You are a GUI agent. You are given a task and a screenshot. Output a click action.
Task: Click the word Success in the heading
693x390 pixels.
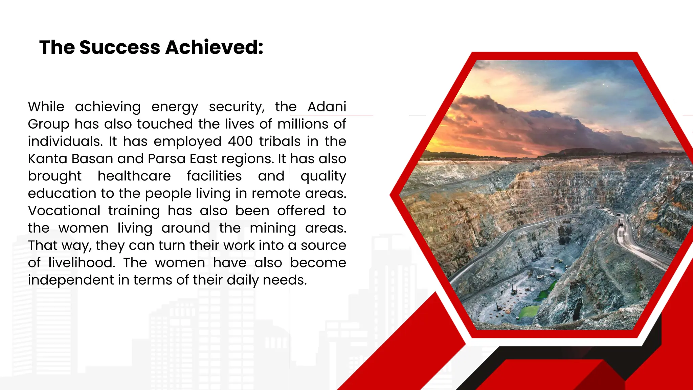[x=119, y=47]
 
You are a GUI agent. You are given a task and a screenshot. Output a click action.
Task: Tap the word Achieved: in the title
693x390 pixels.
[x=214, y=47]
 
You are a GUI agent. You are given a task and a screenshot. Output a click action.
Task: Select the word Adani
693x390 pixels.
[x=327, y=107]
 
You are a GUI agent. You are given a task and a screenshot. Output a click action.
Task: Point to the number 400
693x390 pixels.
[x=240, y=141]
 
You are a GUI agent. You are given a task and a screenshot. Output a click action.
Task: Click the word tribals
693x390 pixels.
[x=280, y=141]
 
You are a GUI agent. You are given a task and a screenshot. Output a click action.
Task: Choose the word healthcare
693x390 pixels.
[x=134, y=176]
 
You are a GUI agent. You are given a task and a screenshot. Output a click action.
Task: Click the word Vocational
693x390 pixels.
[x=64, y=211]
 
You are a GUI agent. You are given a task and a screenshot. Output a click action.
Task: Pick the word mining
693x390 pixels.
[x=273, y=229]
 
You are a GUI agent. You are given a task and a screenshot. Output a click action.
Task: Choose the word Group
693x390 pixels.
[x=48, y=125]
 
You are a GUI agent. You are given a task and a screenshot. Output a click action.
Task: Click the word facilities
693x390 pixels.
[x=214, y=176]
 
